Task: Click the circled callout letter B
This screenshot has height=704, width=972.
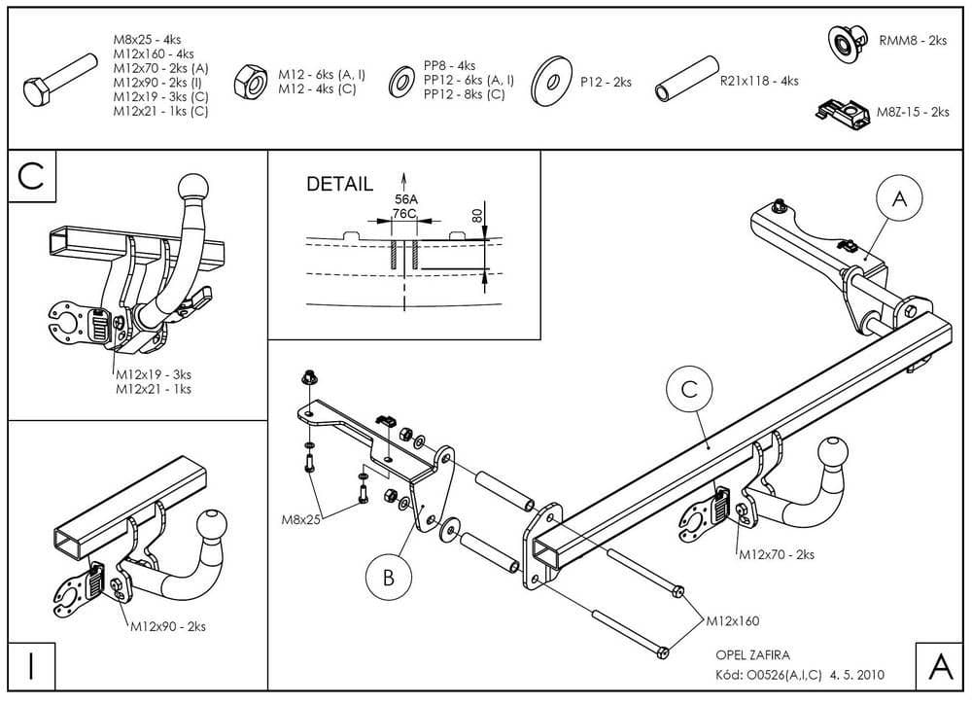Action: pos(387,579)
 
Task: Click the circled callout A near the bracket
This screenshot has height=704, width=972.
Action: pos(899,199)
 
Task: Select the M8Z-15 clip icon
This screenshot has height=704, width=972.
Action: pos(847,113)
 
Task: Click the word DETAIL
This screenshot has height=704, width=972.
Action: pos(339,184)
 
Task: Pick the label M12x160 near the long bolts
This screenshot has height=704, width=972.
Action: pos(732,620)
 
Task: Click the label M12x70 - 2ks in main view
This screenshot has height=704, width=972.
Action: pos(776,555)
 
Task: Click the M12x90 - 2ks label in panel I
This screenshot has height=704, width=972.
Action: pos(167,627)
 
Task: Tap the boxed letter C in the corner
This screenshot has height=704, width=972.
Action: pos(31,176)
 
